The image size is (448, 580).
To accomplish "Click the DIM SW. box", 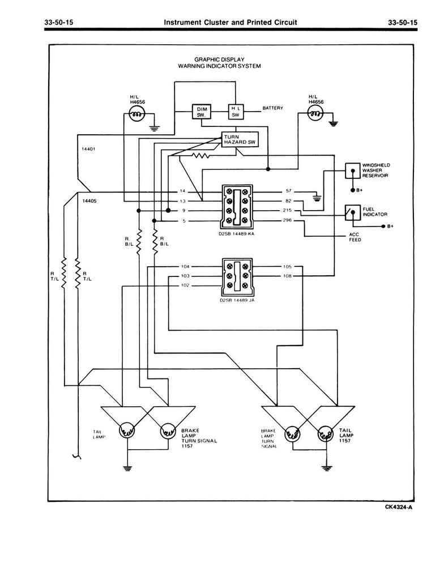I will coord(201,111).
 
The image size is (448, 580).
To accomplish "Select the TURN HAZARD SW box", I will coord(240,140).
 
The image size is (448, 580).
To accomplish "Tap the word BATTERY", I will coord(272,107).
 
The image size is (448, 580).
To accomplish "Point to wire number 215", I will coord(287,211).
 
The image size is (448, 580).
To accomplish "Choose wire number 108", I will coord(288,276).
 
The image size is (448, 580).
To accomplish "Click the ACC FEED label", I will coord(355,237).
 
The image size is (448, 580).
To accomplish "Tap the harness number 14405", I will coord(88,201).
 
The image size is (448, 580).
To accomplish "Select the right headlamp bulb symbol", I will coord(316,116).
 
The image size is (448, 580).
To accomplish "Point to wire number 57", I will coord(288,191).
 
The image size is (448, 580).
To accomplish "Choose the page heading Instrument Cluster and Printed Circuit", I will coord(230,22).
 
